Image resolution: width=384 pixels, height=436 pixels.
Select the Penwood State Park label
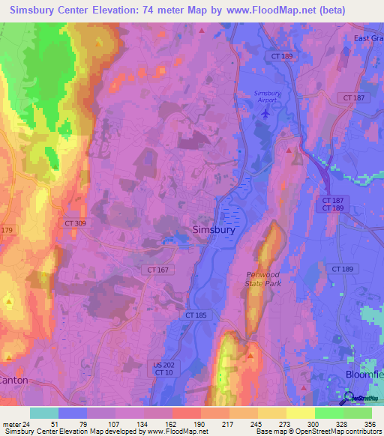click(x=263, y=279)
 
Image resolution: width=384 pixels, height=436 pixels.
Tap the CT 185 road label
click(x=196, y=315)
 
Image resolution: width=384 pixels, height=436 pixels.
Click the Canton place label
click(x=13, y=380)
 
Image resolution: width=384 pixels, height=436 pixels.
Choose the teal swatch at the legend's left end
click(x=44, y=412)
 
